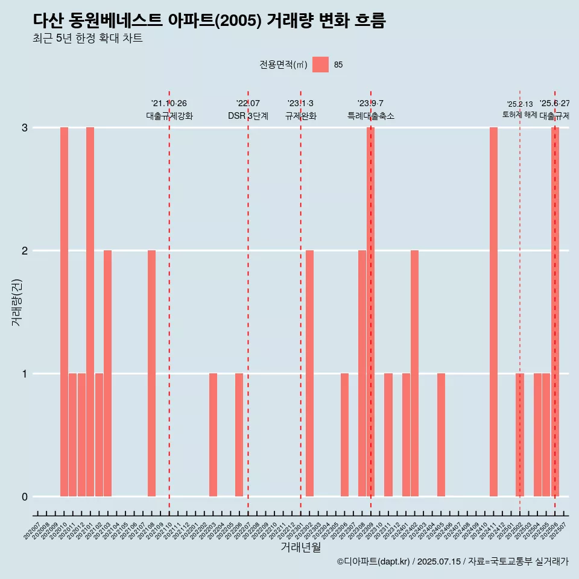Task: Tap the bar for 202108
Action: pyautogui.click(x=151, y=373)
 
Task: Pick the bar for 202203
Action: pyautogui.click(x=213, y=435)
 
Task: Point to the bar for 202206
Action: pyautogui.click(x=239, y=435)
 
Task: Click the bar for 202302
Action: pyautogui.click(x=309, y=373)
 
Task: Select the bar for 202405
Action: pyautogui.click(x=441, y=435)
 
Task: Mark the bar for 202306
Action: pyautogui.click(x=344, y=435)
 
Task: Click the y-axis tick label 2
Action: pyautogui.click(x=25, y=251)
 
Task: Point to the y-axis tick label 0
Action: pyautogui.click(x=25, y=497)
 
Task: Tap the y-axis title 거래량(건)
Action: pyautogui.click(x=16, y=302)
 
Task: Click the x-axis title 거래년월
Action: pyautogui.click(x=301, y=548)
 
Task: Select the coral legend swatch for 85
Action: pyautogui.click(x=321, y=65)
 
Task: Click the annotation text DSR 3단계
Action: pyautogui.click(x=248, y=116)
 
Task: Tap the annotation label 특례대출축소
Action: pyautogui.click(x=371, y=116)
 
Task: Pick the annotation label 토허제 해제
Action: pyautogui.click(x=520, y=115)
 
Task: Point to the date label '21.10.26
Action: pyautogui.click(x=169, y=104)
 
